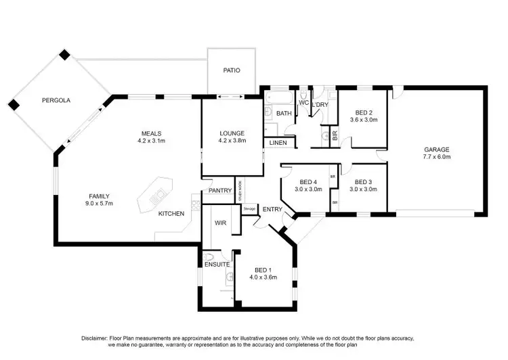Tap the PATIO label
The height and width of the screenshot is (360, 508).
pos(232,70)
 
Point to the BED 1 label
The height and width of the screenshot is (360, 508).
pos(263,269)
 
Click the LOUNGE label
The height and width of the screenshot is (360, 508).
pos(232,133)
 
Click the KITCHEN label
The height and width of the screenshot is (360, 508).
pos(171,214)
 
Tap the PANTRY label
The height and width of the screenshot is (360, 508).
pos(220,191)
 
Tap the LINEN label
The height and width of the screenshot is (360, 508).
pos(278,143)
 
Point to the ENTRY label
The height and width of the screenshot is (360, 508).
pos(273,208)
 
